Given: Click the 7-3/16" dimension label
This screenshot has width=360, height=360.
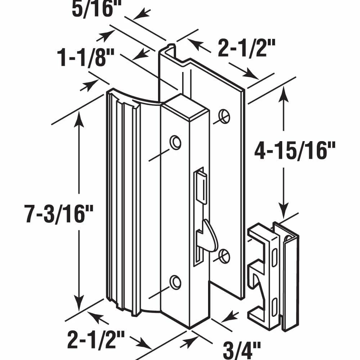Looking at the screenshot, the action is pos(59,214).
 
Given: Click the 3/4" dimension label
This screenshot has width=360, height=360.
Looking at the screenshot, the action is pos(242,350).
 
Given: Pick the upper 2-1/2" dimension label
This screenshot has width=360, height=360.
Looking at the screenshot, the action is pos(246,48).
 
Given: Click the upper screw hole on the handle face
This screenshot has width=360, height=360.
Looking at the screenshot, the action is pos(175,142).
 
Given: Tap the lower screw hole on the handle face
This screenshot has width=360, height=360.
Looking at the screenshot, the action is pos(175,282).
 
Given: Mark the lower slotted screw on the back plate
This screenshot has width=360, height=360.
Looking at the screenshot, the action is pos(224,256).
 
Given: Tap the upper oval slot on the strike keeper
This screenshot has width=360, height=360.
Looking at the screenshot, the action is pos(274,257).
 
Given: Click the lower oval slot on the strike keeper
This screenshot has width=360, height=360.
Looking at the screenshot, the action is pos(274,307).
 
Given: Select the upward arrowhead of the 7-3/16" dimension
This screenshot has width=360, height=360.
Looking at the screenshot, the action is pos(79,118).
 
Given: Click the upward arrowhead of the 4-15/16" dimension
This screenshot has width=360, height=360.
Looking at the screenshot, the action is pos(284,94).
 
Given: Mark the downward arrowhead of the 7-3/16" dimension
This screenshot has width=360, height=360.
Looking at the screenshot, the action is pos(79,303).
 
